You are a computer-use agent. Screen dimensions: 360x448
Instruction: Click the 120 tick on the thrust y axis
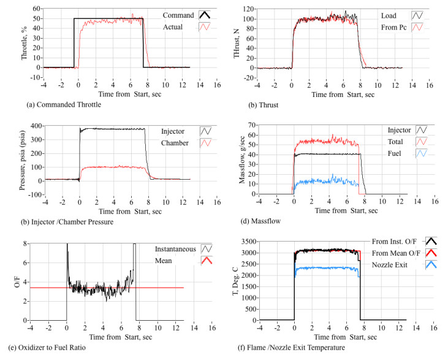248,10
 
